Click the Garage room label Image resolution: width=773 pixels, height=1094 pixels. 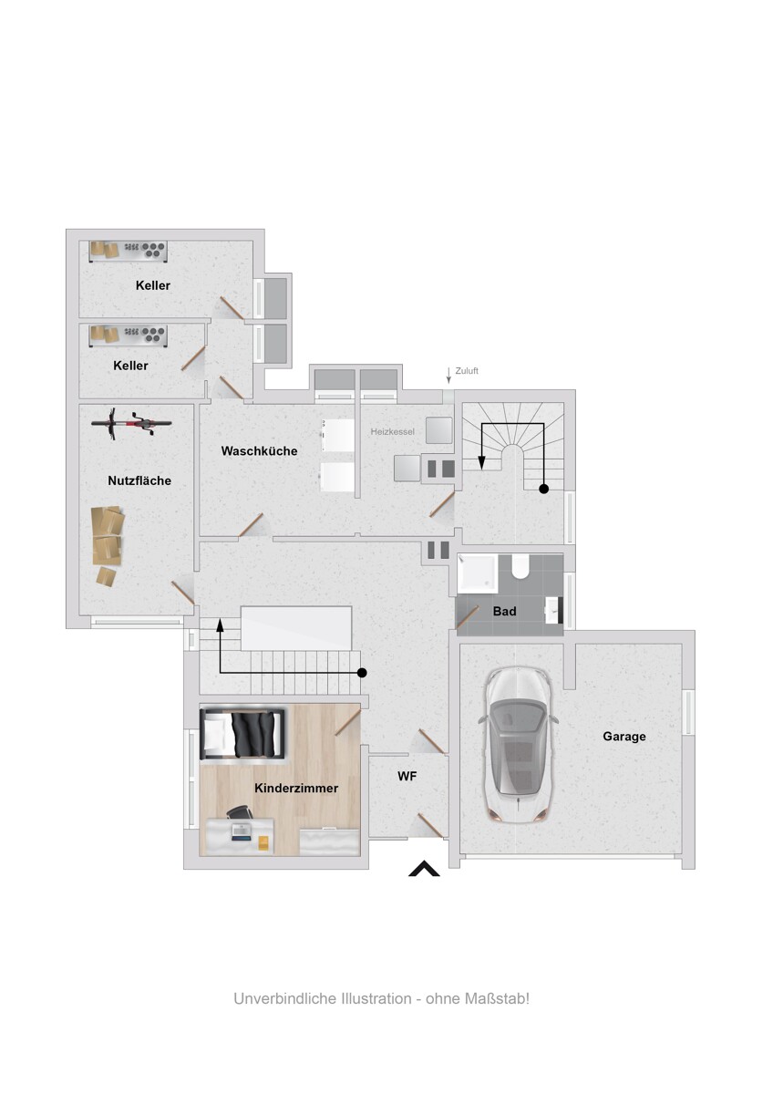tap(624, 737)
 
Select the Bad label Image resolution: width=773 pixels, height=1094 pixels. tap(504, 612)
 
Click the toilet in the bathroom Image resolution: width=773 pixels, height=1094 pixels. tap(521, 568)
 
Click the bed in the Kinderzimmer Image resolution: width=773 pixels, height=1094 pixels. tap(242, 734)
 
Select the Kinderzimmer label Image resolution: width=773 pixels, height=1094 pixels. tap(296, 789)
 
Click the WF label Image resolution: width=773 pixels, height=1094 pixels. tap(407, 778)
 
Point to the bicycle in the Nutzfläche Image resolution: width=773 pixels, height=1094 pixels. tap(132, 422)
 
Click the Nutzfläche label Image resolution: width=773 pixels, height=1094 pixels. tap(139, 480)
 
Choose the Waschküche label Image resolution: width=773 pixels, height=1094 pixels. tap(259, 451)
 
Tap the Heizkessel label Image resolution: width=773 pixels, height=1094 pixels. tap(393, 430)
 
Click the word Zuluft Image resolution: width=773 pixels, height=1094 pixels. tap(467, 371)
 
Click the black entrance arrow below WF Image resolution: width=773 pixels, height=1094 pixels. tap(424, 869)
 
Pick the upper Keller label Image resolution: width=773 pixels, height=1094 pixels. tap(153, 285)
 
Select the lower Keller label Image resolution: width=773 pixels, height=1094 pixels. tap(131, 366)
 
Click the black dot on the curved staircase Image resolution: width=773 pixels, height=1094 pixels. tap(544, 490)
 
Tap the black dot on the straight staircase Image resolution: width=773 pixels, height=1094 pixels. tap(362, 673)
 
